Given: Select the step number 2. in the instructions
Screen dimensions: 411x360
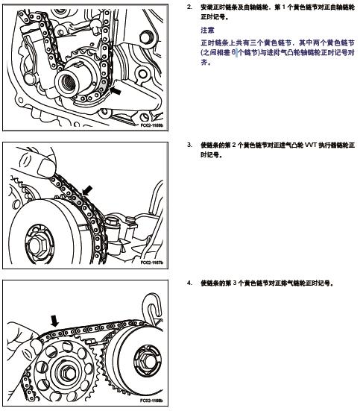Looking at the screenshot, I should (189, 7).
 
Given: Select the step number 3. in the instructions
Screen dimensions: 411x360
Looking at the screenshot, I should (189, 145).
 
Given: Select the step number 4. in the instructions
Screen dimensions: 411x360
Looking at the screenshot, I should (189, 283).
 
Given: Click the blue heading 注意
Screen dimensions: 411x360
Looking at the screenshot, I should (207, 31).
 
